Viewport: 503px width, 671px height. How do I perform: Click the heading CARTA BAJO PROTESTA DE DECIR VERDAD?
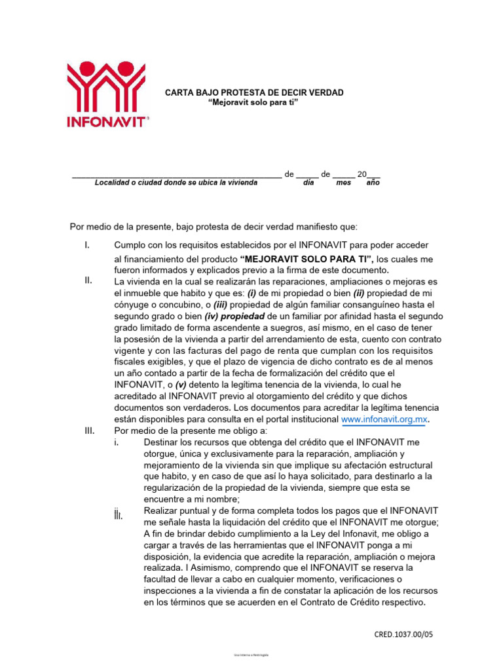point(253,93)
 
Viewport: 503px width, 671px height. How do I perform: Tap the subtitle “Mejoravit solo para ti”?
point(253,104)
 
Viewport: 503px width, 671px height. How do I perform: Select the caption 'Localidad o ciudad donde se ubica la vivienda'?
point(176,183)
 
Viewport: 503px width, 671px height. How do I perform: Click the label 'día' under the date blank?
point(308,183)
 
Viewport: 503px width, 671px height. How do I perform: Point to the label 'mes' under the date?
point(343,183)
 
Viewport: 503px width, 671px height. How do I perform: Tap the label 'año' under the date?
point(372,183)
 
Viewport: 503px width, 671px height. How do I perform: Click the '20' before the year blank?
point(362,174)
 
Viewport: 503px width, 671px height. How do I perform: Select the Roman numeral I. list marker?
point(86,245)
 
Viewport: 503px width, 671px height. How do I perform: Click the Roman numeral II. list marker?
point(88,280)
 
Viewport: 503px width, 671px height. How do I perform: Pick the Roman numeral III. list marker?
point(90,431)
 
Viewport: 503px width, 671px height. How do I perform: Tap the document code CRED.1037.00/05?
point(403,634)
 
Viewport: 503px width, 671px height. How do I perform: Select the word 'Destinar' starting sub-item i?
point(161,442)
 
